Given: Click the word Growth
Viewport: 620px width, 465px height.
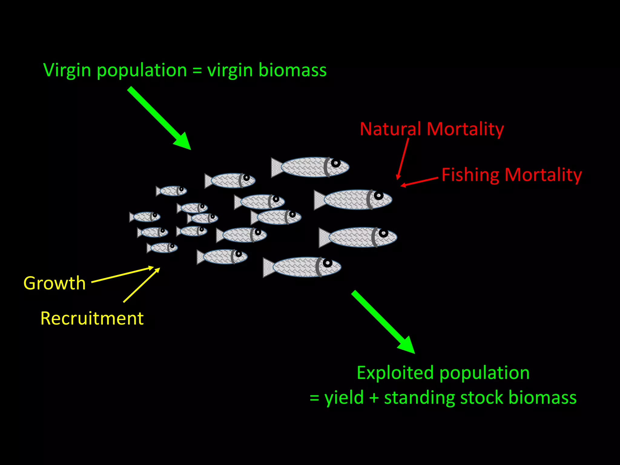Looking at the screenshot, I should tap(54, 283).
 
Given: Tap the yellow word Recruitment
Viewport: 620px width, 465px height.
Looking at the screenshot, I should tap(92, 318).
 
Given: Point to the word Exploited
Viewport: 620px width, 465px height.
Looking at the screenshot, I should tap(395, 373).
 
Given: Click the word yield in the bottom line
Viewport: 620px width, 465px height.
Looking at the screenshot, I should tap(344, 398).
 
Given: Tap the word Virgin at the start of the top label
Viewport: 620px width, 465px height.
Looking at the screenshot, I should tap(67, 71).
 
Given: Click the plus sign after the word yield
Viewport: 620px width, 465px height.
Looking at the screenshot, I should tap(374, 398).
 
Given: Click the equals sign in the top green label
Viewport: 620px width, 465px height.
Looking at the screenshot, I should tap(197, 71).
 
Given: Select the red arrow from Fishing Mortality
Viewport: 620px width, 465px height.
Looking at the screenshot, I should tap(420, 182).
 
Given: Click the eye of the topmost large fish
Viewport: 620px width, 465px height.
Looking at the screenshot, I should tap(335, 163).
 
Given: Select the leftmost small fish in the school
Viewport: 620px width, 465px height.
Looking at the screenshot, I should tap(145, 217).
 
